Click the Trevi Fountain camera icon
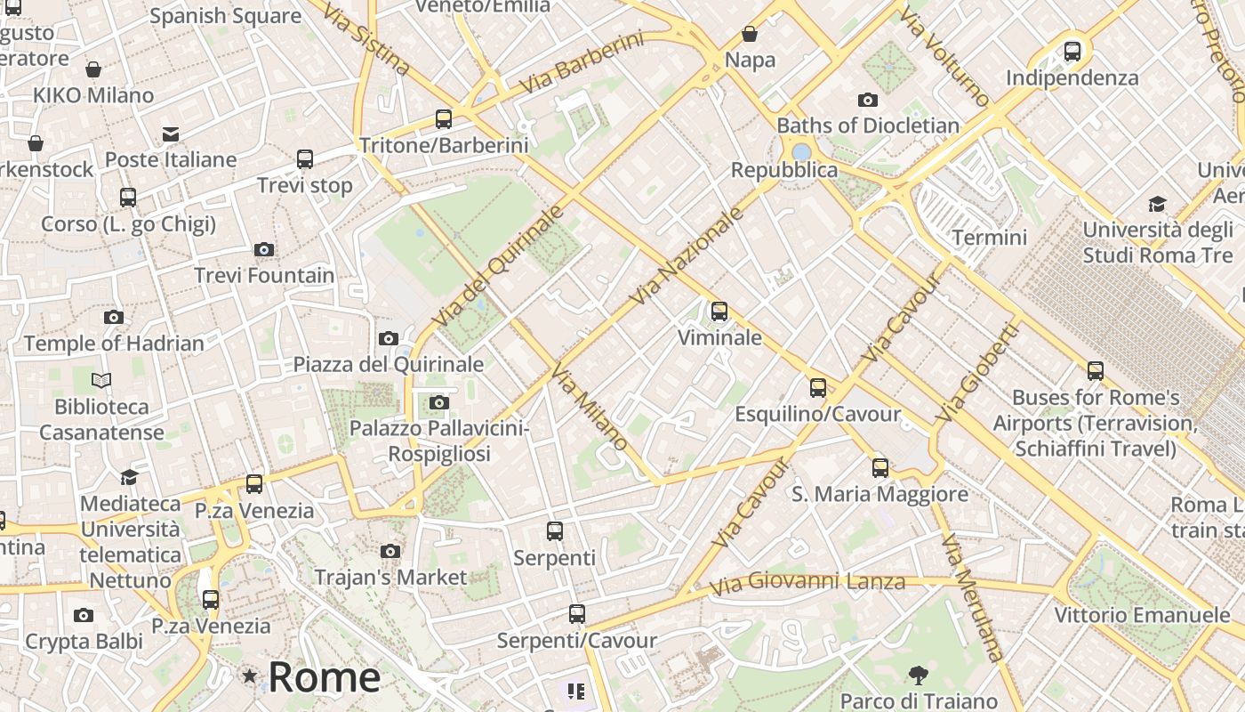point(264,250)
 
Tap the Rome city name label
point(324,677)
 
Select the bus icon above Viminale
point(719,311)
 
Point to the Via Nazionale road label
point(686,256)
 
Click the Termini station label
point(989,238)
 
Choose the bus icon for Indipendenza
point(1072,52)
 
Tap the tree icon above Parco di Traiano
point(919,676)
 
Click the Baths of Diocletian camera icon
point(867,101)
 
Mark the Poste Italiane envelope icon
point(171,134)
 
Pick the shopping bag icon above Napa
point(750,35)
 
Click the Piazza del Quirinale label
point(389,364)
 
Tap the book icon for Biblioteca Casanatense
point(101,381)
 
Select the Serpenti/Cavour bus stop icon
point(576,614)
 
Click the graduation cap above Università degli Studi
point(1157,205)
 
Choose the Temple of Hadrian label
point(114,343)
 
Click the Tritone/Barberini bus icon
point(443,118)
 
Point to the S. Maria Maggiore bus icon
point(880,468)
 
